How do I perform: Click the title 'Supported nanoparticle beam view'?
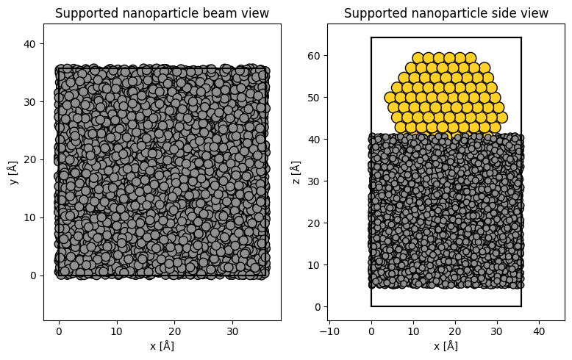(162, 13)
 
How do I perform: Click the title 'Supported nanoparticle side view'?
(446, 13)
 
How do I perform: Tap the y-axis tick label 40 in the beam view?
(29, 44)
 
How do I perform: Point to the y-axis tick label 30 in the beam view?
(29, 102)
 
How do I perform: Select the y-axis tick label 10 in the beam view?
(29, 218)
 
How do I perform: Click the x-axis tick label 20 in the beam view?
(175, 331)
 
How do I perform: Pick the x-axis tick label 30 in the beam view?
(232, 331)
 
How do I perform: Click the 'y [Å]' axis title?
(14, 173)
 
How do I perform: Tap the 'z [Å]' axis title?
(296, 173)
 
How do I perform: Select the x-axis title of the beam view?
(162, 346)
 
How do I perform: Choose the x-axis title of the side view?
(446, 346)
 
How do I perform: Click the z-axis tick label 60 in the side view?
(313, 56)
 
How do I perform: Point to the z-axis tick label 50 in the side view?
(313, 98)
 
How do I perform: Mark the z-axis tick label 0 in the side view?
(316, 307)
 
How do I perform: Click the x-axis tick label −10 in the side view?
(329, 331)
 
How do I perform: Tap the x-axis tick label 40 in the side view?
(539, 331)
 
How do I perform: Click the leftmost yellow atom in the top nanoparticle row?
(418, 58)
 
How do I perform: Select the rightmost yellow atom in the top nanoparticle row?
(471, 58)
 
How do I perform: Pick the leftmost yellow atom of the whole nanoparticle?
(390, 98)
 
